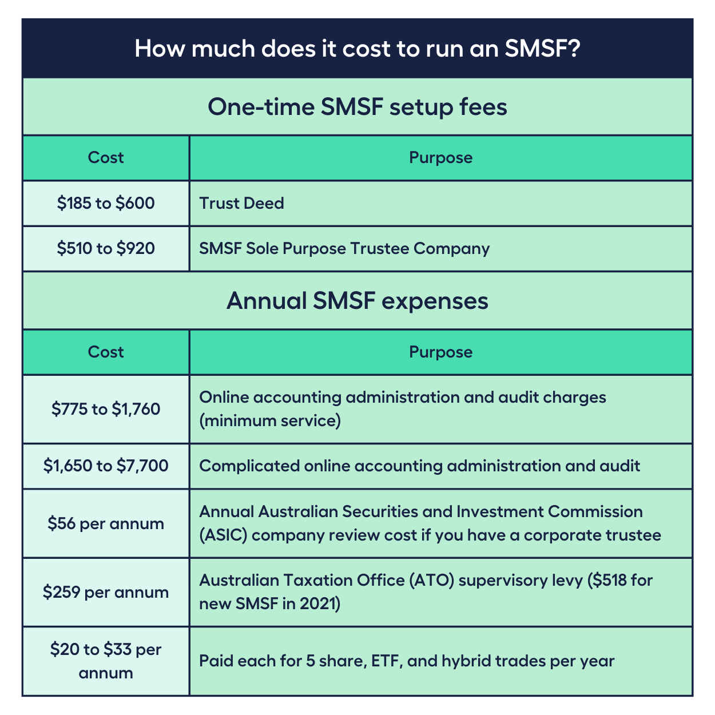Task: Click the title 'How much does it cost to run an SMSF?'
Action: pyautogui.click(x=357, y=49)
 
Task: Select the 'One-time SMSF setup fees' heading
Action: pyautogui.click(x=357, y=107)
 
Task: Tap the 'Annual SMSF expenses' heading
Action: pyautogui.click(x=357, y=300)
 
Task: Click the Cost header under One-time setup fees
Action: pyautogui.click(x=106, y=158)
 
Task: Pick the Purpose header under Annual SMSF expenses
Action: pyautogui.click(x=441, y=352)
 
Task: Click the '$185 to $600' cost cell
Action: pyautogui.click(x=106, y=203)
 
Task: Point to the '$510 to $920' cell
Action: pyautogui.click(x=106, y=248)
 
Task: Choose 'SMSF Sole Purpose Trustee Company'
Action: pyautogui.click(x=344, y=249)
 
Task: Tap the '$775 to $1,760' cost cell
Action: pyautogui.click(x=106, y=409)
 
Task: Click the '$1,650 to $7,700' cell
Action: pyautogui.click(x=106, y=466)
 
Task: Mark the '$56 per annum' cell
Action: pyautogui.click(x=106, y=523)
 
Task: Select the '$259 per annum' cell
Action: pyautogui.click(x=106, y=592)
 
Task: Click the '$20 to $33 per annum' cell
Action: pyautogui.click(x=106, y=661)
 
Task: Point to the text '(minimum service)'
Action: pyautogui.click(x=270, y=421)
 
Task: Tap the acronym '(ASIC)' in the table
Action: pyautogui.click(x=224, y=535)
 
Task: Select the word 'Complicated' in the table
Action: pyautogui.click(x=249, y=466)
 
